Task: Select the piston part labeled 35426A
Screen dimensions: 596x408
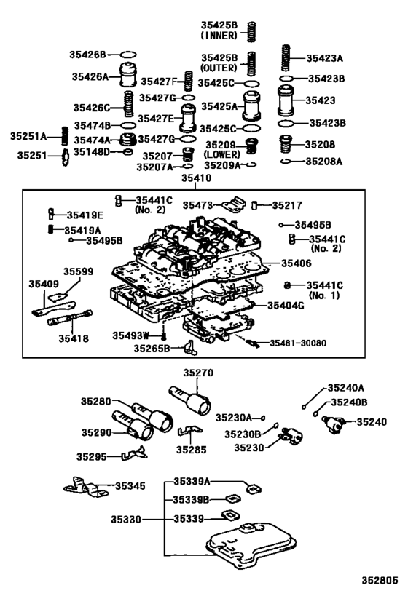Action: (127, 74)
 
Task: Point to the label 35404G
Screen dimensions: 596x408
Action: (286, 306)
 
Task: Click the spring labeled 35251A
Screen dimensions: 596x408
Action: (63, 135)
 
